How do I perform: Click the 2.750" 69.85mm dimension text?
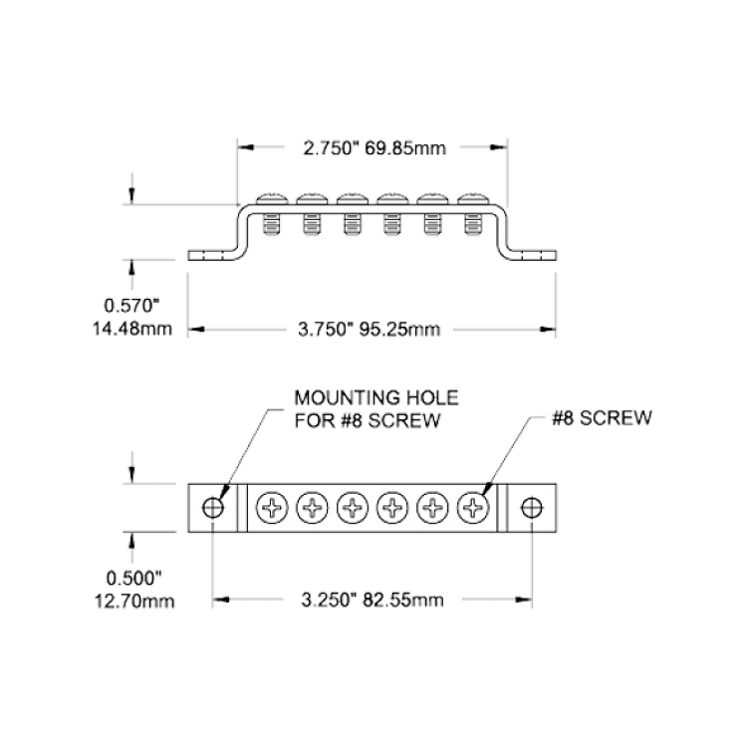coord(374,148)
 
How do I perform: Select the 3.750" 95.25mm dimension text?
coord(369,330)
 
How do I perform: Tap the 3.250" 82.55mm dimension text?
coord(373,600)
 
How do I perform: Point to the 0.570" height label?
coord(131,306)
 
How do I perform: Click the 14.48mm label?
coord(131,329)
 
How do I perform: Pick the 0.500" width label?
coord(133,579)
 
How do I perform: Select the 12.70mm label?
coord(134,602)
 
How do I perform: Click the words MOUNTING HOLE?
coord(376,397)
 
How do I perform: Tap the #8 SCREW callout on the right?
coord(602,417)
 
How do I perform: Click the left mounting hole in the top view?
coord(213,508)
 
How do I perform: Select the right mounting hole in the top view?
coord(532,508)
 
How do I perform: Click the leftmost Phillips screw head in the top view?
coord(272,508)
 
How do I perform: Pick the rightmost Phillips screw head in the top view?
coord(473,508)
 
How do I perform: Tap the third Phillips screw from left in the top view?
coord(353,508)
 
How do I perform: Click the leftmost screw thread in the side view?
coord(272,225)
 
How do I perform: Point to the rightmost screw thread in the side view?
coord(473,225)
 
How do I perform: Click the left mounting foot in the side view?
coord(212,256)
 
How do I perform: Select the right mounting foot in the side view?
coord(532,256)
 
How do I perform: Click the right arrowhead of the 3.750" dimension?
coord(548,330)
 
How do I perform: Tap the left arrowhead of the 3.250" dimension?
coord(221,600)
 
